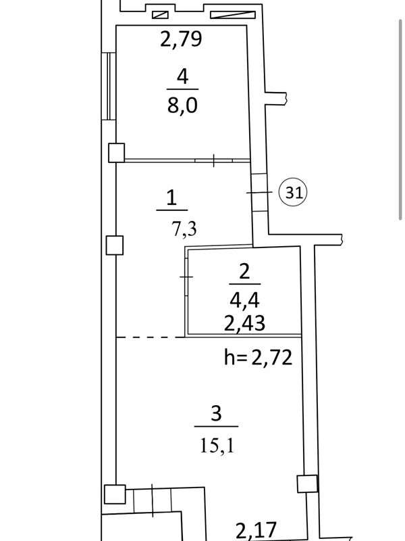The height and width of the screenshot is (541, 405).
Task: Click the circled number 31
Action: [294, 192]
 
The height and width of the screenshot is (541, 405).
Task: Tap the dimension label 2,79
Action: [181, 39]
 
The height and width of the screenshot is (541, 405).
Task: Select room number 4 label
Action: [182, 76]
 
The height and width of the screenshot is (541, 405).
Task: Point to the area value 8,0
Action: [182, 105]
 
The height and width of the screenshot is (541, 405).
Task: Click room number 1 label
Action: [171, 198]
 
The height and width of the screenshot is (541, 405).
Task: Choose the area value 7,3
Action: [184, 229]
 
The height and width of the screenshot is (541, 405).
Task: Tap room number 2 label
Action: [244, 272]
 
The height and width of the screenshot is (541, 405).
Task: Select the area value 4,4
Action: [244, 300]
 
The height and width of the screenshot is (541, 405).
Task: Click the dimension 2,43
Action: [244, 323]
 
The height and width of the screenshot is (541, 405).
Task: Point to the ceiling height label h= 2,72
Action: [259, 358]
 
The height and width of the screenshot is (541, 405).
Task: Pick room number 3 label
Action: [216, 413]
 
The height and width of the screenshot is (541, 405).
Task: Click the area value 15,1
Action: [217, 446]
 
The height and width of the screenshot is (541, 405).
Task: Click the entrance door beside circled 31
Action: [259, 192]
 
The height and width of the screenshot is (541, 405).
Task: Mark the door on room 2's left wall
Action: [186, 277]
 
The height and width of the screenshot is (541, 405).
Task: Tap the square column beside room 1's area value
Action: [114, 245]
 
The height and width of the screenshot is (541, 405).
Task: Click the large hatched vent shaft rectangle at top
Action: [233, 15]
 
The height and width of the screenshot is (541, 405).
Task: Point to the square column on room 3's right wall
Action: [307, 484]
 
